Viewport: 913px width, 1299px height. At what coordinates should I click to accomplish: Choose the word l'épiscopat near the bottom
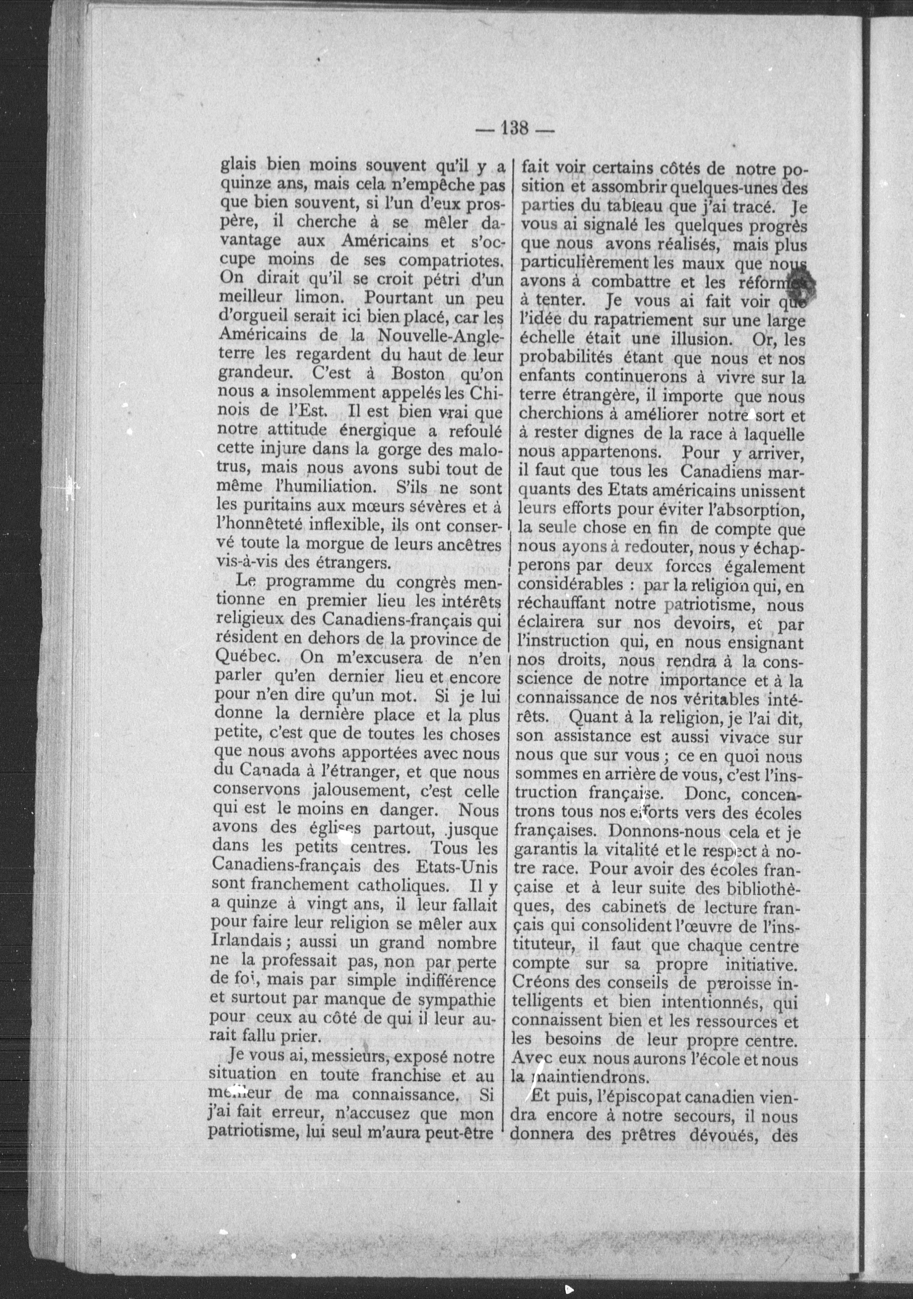(626, 1098)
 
